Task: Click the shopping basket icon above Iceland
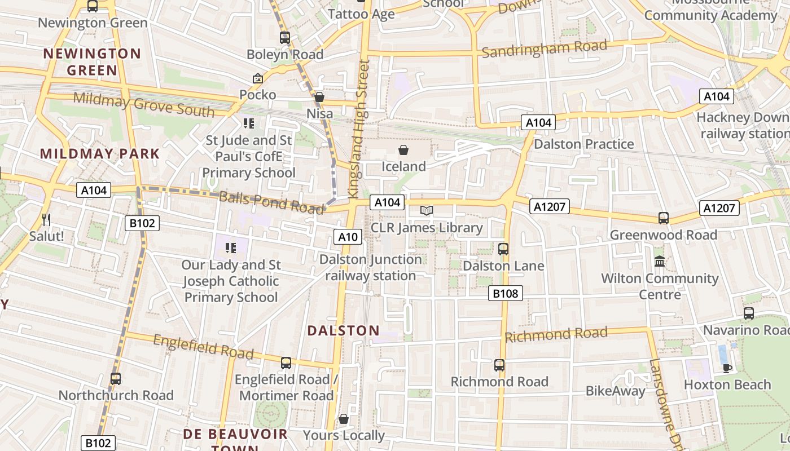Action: pyautogui.click(x=403, y=150)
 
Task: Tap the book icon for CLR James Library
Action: pyautogui.click(x=427, y=211)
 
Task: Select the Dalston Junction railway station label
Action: pyautogui.click(x=371, y=268)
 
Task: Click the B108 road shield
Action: pyautogui.click(x=506, y=293)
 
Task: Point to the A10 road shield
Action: pyautogui.click(x=348, y=237)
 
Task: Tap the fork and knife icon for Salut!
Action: pyautogui.click(x=46, y=219)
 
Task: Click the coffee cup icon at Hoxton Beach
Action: pyautogui.click(x=727, y=368)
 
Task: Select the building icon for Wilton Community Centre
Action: pyautogui.click(x=659, y=261)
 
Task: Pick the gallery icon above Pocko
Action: pyautogui.click(x=258, y=78)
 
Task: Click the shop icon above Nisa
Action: pyautogui.click(x=319, y=98)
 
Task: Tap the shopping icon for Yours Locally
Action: pyautogui.click(x=343, y=419)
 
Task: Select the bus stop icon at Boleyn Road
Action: pyautogui.click(x=285, y=38)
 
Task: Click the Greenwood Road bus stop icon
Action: pyautogui.click(x=664, y=218)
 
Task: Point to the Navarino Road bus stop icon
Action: pyautogui.click(x=749, y=313)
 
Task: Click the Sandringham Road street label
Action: pyautogui.click(x=544, y=49)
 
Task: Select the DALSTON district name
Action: pyautogui.click(x=343, y=330)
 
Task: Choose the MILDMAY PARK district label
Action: pyautogui.click(x=100, y=153)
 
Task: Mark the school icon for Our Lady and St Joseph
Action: pyautogui.click(x=230, y=247)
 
